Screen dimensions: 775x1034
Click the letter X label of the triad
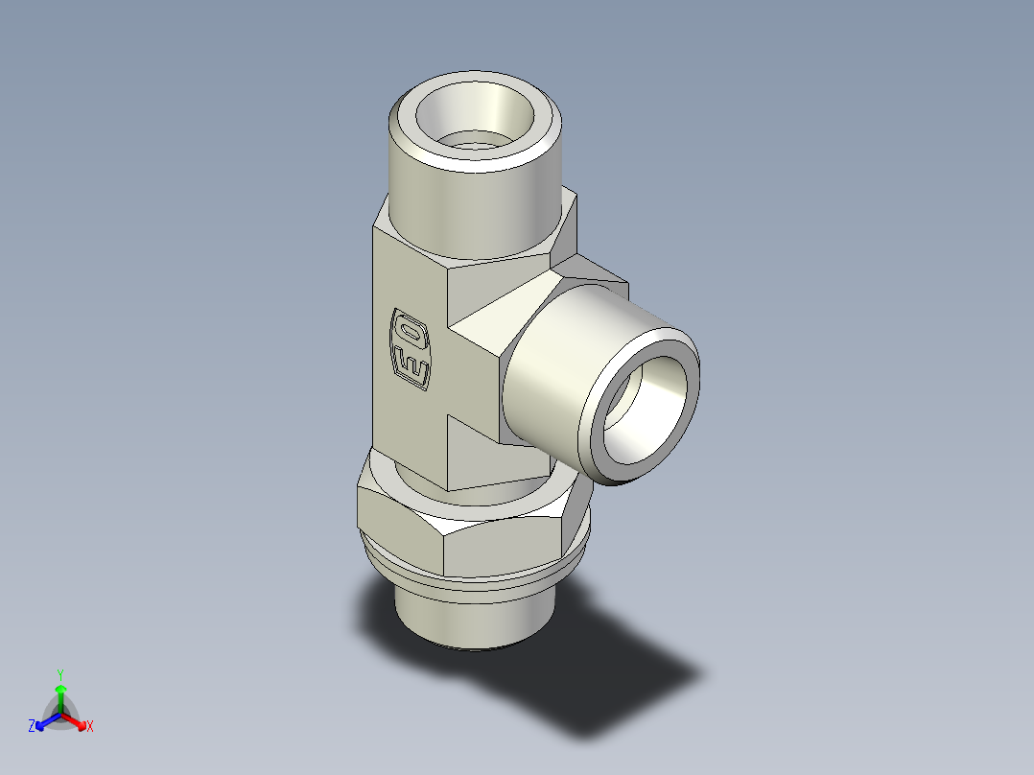click(90, 727)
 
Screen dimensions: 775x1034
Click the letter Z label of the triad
click(32, 727)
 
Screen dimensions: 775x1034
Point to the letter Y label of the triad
click(60, 674)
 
